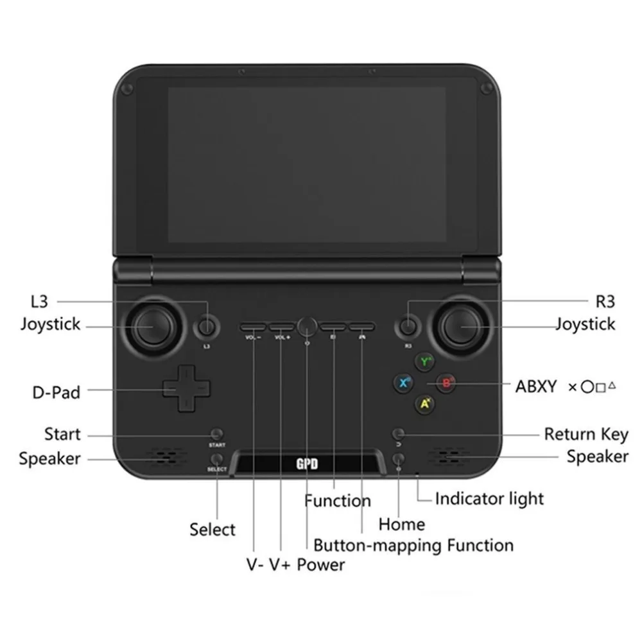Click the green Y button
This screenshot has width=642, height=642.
(x=424, y=362)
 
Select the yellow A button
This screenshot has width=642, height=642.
(x=424, y=404)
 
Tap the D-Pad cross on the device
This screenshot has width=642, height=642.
(x=186, y=388)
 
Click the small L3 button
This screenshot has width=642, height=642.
(x=206, y=327)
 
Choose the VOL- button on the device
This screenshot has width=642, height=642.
(x=254, y=326)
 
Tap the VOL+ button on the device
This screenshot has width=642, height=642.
(x=281, y=326)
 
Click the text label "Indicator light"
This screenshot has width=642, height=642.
(x=489, y=499)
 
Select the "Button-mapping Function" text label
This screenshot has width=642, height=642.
(x=413, y=546)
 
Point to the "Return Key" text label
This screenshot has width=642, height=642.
(x=586, y=435)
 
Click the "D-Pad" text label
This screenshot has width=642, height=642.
(x=56, y=392)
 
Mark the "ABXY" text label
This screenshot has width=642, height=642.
(x=537, y=386)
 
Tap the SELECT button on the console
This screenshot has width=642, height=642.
(x=218, y=458)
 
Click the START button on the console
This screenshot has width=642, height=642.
(x=217, y=434)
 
